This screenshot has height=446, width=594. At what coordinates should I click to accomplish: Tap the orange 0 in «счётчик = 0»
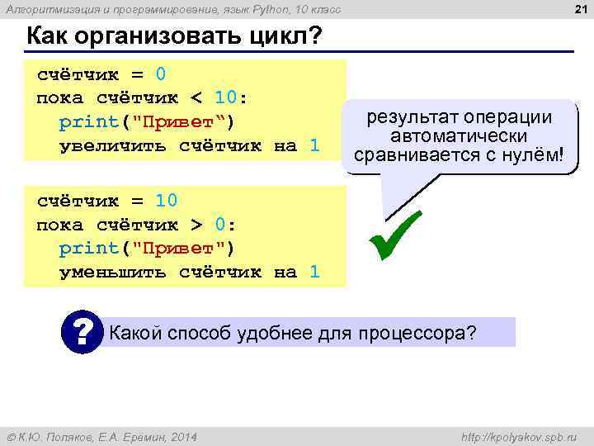pos(161,74)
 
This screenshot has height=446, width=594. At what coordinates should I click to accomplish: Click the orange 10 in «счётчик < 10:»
pos(224,98)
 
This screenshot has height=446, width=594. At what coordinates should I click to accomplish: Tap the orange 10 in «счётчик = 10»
pos(167,201)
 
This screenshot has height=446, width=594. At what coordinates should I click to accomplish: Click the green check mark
pos(396,236)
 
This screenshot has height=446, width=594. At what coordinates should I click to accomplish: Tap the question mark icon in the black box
pos(82,332)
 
